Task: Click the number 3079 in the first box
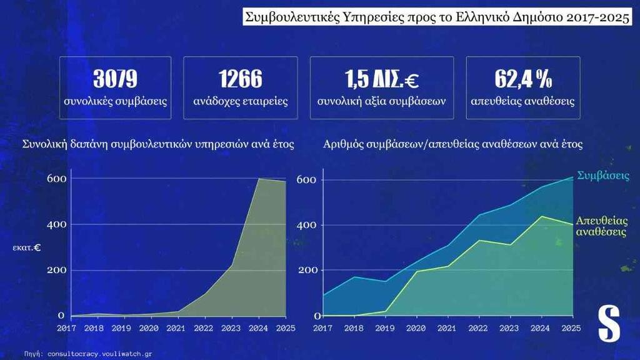coord(115,79)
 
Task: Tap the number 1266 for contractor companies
coord(240,79)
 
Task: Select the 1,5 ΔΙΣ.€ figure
coord(381,79)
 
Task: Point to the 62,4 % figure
coord(523,79)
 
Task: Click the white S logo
coord(608,324)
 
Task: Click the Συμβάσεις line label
coord(603,175)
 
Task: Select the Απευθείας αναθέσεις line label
coord(601,226)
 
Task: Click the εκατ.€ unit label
coord(27,247)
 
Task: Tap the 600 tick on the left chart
coord(56,178)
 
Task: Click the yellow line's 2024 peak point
coord(541,216)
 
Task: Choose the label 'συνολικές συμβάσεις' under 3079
coord(115,101)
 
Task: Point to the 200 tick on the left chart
coord(56,270)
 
